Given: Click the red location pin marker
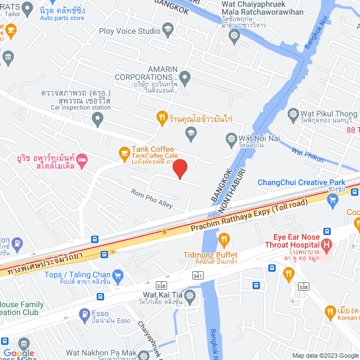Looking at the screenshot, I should (x=179, y=169).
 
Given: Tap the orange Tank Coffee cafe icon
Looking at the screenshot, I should (x=123, y=152).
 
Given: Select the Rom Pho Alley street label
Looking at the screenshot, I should (x=152, y=197).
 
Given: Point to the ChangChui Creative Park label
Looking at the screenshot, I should (x=301, y=182).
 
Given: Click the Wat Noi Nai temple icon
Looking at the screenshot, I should (x=231, y=138).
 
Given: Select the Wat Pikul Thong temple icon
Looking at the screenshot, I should (x=292, y=114).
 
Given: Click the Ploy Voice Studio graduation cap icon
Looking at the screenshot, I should (x=167, y=29).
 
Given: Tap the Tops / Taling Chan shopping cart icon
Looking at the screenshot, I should (x=118, y=275).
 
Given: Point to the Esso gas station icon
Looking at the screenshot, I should (x=84, y=314).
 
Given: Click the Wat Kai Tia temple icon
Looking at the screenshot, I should (x=190, y=295).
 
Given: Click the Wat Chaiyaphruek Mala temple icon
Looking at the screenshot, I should (x=235, y=36).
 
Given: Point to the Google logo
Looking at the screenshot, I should (x=18, y=353).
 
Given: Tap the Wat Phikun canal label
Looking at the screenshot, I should (x=308, y=155).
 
